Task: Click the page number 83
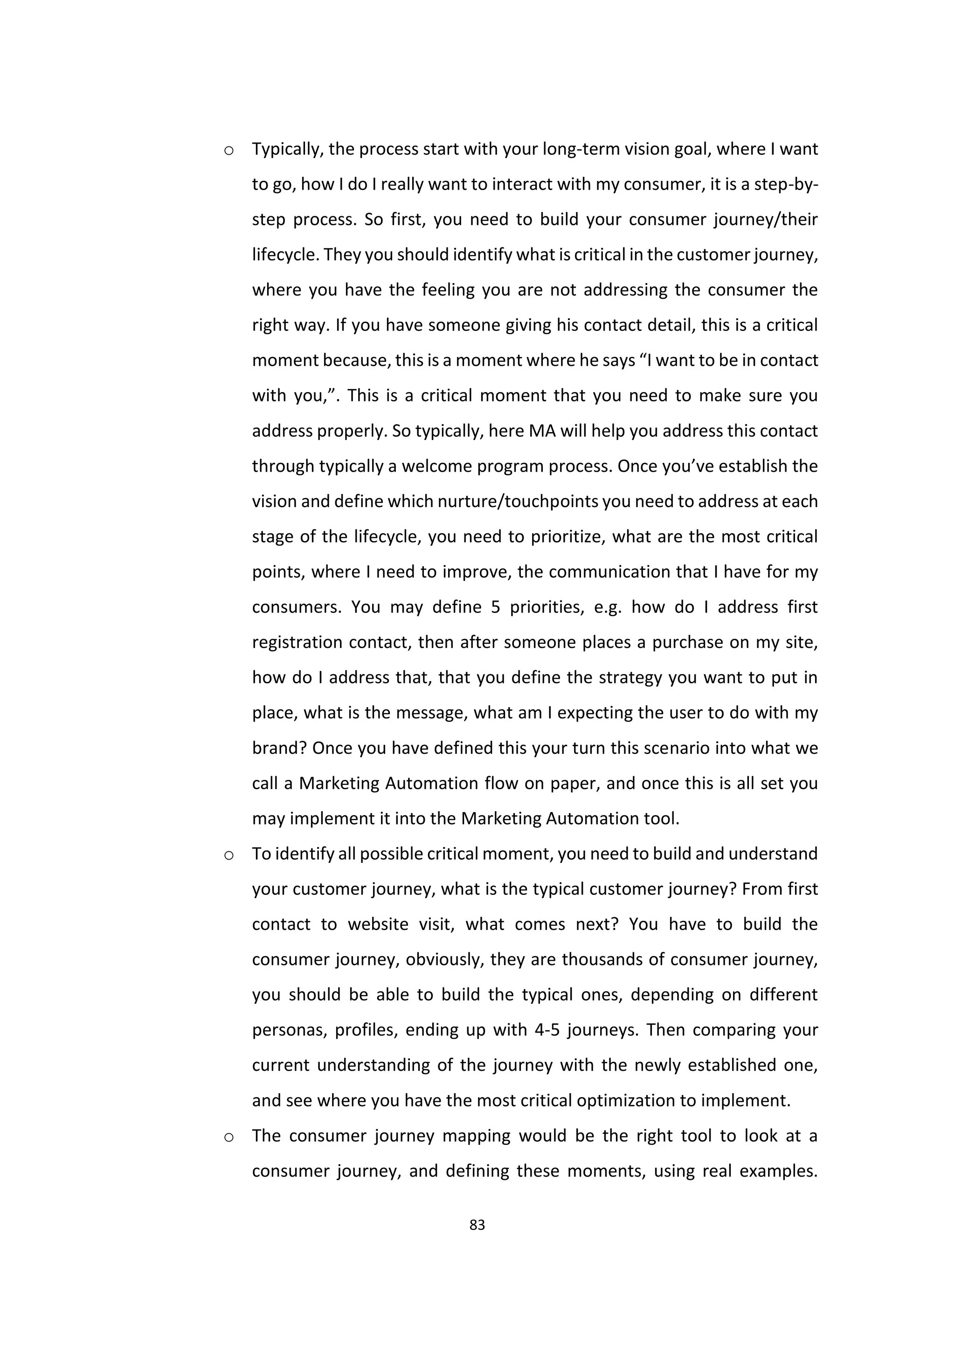coord(477,1225)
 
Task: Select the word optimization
coord(626,1101)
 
